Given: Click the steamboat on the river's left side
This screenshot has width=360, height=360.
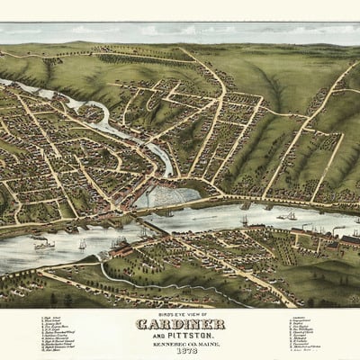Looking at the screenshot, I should [44, 243].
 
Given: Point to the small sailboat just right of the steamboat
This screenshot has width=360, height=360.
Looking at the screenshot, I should [82, 244].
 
